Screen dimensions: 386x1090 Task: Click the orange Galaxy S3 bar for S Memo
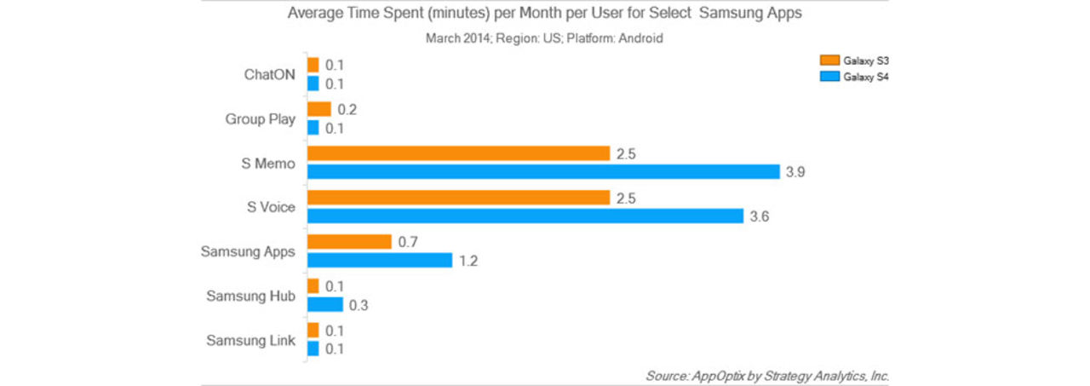point(458,153)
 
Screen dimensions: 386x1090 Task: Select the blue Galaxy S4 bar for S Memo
point(543,171)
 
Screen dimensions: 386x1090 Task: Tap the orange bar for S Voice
point(458,198)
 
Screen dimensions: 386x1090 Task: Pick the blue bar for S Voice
point(525,216)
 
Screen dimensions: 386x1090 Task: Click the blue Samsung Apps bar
point(380,260)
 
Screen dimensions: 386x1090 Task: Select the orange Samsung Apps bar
point(349,242)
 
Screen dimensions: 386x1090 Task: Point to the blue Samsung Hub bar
point(325,304)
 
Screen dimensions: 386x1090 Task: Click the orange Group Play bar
point(319,109)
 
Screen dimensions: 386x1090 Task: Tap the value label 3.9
point(795,172)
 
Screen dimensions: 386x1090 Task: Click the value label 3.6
point(760,216)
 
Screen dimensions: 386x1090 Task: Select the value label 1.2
point(468,261)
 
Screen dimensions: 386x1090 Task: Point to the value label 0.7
point(407,243)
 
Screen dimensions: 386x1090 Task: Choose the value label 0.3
point(359,305)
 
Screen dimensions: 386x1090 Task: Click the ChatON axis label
point(269,74)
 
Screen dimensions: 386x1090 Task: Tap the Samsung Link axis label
point(251,340)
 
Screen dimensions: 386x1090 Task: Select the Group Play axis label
point(261,118)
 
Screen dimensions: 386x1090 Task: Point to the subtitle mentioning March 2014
point(544,38)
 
